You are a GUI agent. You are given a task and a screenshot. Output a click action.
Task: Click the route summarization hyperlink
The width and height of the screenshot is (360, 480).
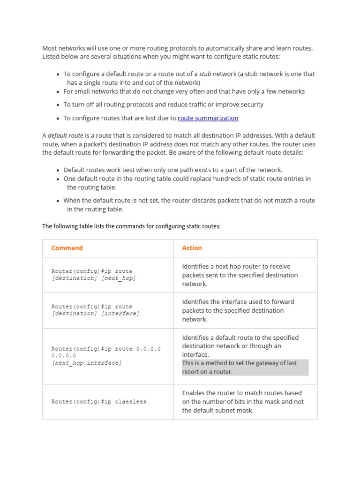[x=208, y=118]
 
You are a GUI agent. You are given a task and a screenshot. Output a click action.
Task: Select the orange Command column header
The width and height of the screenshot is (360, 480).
[x=67, y=248]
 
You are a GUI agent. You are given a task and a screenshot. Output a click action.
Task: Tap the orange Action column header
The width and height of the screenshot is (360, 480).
[x=192, y=248]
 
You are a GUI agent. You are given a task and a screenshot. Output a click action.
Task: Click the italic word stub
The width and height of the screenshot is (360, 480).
[x=205, y=74]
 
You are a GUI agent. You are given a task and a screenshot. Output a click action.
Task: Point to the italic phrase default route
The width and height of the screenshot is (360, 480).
[x=65, y=135]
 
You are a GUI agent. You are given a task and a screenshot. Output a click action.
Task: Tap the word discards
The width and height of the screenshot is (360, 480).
[x=215, y=201]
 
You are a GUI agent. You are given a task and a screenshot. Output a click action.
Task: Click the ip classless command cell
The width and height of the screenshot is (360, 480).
[x=99, y=402]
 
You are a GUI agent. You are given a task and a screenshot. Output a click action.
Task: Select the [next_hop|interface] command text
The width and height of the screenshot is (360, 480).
[x=86, y=363]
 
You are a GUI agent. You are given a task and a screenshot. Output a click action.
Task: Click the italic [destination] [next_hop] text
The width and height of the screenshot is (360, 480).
[x=94, y=278]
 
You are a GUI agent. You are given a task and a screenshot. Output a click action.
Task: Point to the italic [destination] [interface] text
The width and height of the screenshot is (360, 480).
[x=95, y=313]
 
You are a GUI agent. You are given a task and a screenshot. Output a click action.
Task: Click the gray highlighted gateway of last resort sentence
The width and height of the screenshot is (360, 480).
[x=245, y=367]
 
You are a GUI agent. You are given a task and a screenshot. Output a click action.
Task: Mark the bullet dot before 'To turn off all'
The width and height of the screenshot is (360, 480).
[x=58, y=105]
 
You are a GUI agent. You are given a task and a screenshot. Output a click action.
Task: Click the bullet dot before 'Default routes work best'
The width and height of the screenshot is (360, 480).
[x=58, y=171]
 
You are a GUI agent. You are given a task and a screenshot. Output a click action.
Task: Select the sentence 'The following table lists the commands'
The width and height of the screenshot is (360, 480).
[x=131, y=226]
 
